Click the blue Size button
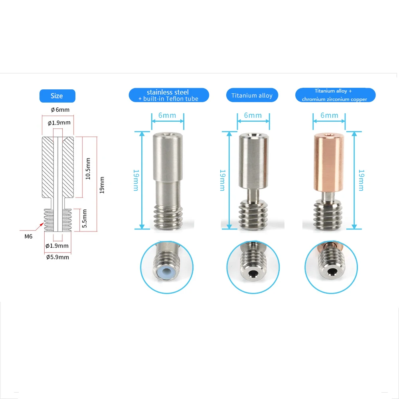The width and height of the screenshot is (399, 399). pyautogui.click(x=57, y=96)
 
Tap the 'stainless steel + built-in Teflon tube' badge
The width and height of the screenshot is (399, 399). pyautogui.click(x=169, y=95)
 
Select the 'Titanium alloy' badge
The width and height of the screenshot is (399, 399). pyautogui.click(x=252, y=95)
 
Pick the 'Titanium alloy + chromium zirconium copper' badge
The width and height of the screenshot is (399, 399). pyautogui.click(x=335, y=95)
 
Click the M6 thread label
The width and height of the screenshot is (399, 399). pyautogui.click(x=28, y=236)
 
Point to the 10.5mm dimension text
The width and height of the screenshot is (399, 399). pyautogui.click(x=88, y=169)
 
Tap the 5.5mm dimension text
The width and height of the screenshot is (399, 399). pyautogui.click(x=85, y=219)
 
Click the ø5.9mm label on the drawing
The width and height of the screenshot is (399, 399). pyautogui.click(x=57, y=257)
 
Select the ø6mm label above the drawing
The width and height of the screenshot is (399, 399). pyautogui.click(x=60, y=110)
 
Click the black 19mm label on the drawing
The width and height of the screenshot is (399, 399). pyautogui.click(x=102, y=185)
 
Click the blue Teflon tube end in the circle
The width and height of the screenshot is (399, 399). pyautogui.click(x=167, y=271)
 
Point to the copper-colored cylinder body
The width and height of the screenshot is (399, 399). pyautogui.click(x=329, y=163)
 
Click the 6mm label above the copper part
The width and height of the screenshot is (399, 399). pyautogui.click(x=329, y=115)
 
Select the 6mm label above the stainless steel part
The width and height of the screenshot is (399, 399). pyautogui.click(x=167, y=115)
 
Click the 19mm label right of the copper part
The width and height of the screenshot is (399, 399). pyautogui.click(x=361, y=180)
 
